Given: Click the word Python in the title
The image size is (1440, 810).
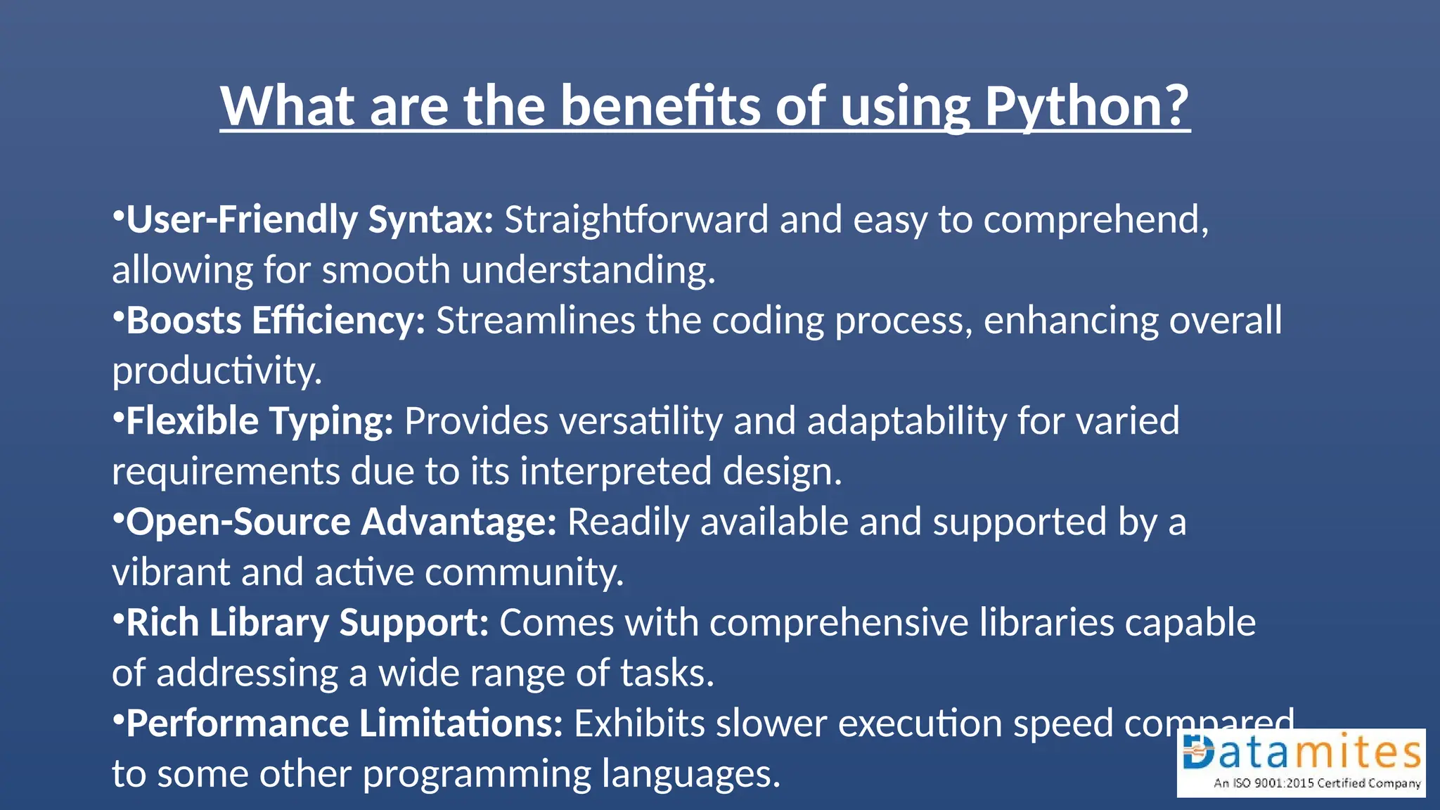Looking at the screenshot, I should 1086,107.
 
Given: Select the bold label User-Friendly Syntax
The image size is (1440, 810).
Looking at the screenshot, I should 310,219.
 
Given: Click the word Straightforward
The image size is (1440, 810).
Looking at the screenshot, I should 636,219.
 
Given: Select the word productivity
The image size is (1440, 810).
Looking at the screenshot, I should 216,371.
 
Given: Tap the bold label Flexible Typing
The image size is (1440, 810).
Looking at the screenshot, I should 259,421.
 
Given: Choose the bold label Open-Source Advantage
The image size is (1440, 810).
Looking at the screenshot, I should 341,522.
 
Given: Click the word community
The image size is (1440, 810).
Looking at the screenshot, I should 524,572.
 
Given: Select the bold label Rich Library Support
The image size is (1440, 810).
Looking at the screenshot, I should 307,623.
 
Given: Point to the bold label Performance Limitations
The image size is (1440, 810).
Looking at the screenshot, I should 345,724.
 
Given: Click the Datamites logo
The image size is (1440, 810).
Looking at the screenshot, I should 1301,754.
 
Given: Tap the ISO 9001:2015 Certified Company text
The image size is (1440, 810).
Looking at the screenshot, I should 1316,783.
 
